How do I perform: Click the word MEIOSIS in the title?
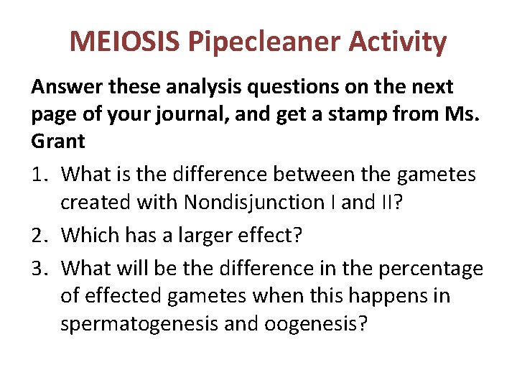(125, 42)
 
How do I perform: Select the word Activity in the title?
(398, 42)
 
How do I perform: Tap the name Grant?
(57, 142)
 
